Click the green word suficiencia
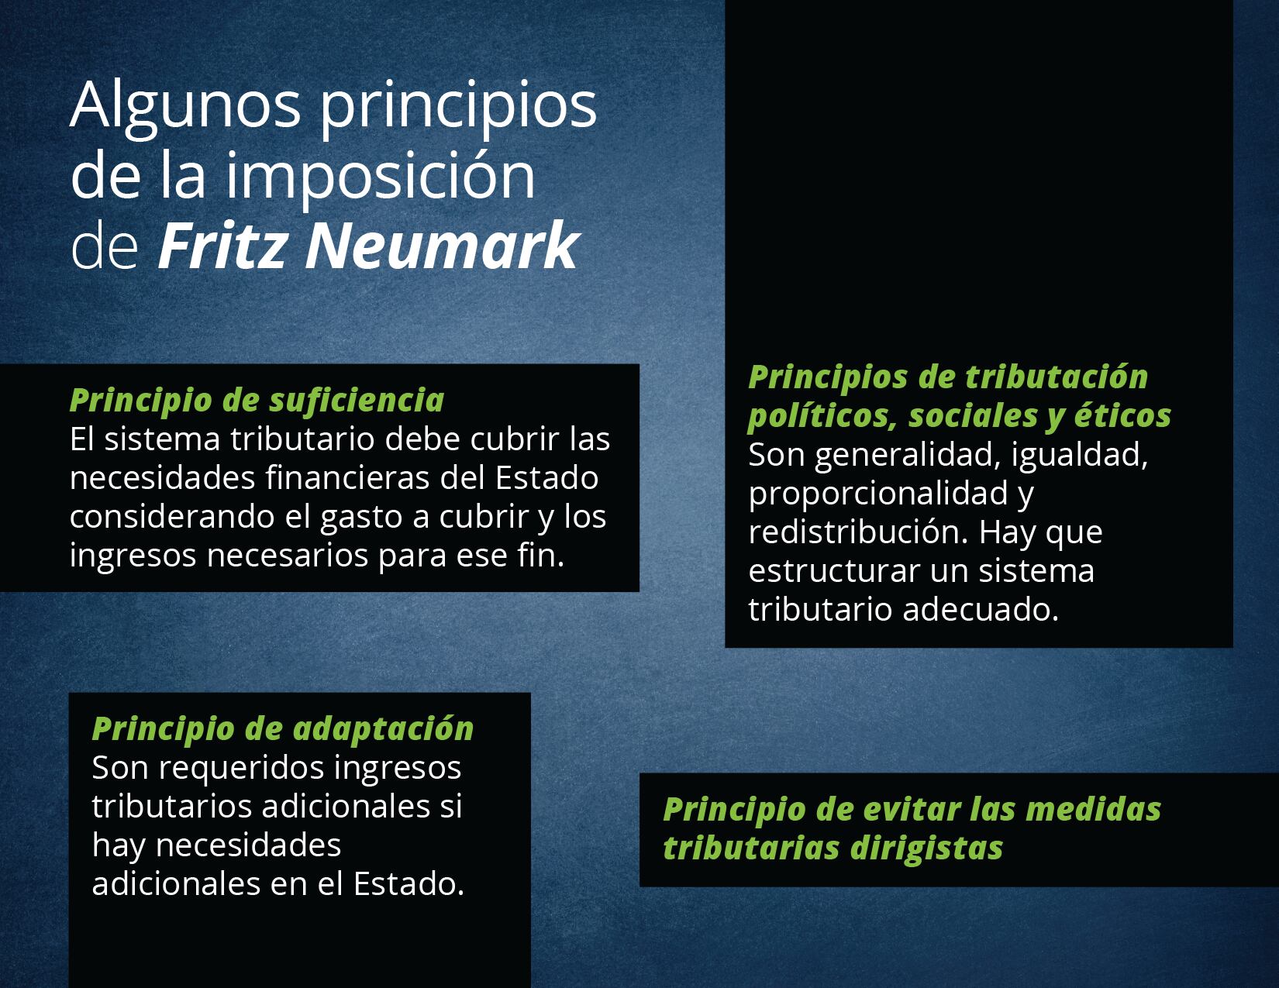pyautogui.click(x=357, y=400)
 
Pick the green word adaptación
pyautogui.click(x=383, y=730)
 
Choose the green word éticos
pyautogui.click(x=1122, y=415)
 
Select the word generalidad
pyautogui.click(x=908, y=455)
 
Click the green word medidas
pyautogui.click(x=1093, y=809)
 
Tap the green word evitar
pyautogui.click(x=912, y=809)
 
